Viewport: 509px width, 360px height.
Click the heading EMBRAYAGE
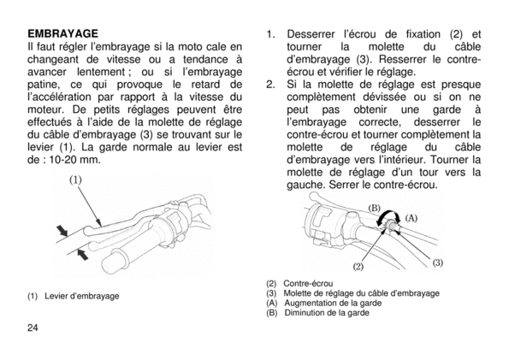point(62,33)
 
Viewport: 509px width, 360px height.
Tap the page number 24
point(33,328)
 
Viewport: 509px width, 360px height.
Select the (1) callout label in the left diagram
point(75,180)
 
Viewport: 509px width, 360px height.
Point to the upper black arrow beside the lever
point(62,231)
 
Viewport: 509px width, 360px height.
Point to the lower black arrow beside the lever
point(84,254)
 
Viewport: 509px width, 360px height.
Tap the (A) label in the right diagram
point(411,218)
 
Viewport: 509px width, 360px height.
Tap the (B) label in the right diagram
point(374,208)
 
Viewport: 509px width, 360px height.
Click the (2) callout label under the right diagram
point(358,267)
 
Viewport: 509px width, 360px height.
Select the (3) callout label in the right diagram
point(438,263)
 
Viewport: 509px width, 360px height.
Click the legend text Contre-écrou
point(308,284)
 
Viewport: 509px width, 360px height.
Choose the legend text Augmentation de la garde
point(333,304)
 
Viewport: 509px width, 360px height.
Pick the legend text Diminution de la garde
point(327,313)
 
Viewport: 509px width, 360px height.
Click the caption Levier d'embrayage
point(82,296)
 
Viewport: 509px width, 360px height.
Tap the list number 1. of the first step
point(270,34)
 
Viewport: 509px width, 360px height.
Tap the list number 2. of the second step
point(270,85)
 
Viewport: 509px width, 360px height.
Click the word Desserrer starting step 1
point(311,34)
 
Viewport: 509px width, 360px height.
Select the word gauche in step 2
point(306,185)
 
